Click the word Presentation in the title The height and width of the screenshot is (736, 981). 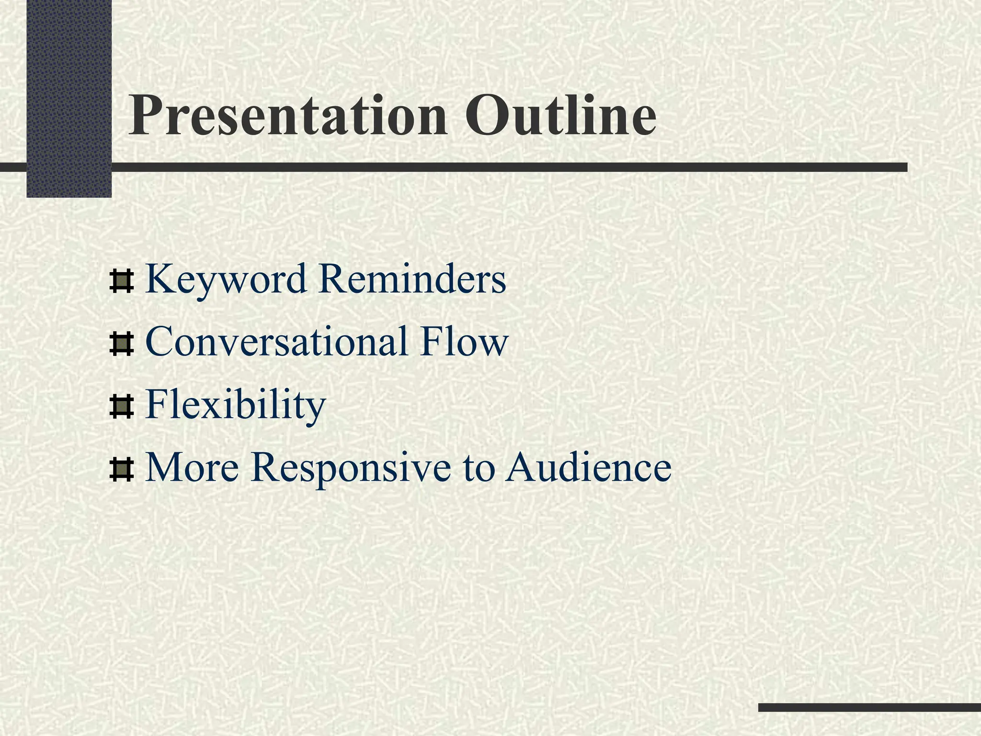[x=287, y=116]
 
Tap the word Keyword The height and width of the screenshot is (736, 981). [x=226, y=280]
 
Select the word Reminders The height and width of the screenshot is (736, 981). [x=412, y=279]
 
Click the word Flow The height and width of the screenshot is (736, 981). [x=464, y=342]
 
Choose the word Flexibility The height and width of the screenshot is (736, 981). [x=235, y=405]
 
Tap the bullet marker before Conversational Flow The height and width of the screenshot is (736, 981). [x=121, y=345]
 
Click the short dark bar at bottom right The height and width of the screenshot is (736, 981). [x=869, y=707]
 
